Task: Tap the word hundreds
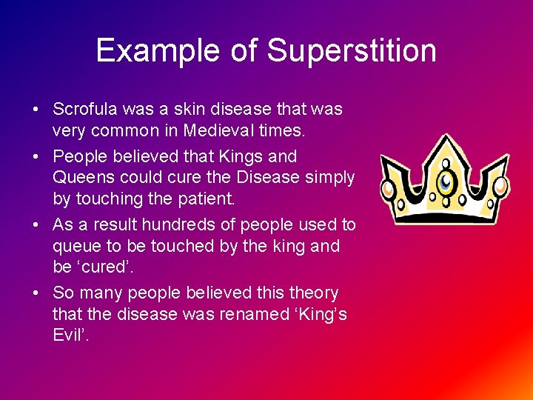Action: (176, 224)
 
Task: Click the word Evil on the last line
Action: (70, 335)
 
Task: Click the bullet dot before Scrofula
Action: (36, 110)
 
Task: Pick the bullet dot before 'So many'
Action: (36, 293)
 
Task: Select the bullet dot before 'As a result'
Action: (36, 225)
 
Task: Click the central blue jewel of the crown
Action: (445, 180)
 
